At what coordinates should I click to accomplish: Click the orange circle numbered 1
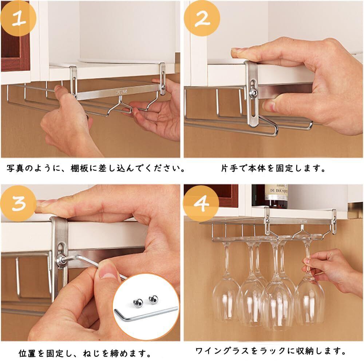[18, 18]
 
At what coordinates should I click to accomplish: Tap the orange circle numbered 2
[202, 18]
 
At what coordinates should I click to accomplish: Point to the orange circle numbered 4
[201, 203]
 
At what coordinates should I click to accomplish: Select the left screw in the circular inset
[137, 303]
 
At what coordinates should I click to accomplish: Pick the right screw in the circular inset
[154, 299]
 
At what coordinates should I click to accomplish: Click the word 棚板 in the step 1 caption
[79, 168]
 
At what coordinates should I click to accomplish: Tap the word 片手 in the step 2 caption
[230, 168]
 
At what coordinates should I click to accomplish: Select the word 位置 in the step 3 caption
[27, 353]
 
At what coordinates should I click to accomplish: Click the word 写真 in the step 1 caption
[15, 168]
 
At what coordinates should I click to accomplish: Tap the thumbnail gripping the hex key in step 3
[106, 272]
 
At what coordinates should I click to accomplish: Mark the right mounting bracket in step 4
[334, 221]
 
